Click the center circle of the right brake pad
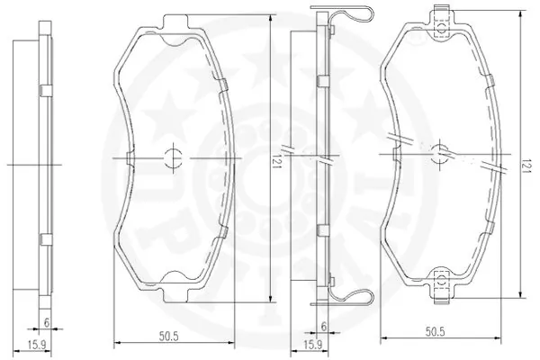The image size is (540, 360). point(441,154)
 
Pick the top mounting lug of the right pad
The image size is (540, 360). point(440,26)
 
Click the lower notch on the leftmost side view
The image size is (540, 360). point(42,239)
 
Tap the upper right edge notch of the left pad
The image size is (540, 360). point(225,85)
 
